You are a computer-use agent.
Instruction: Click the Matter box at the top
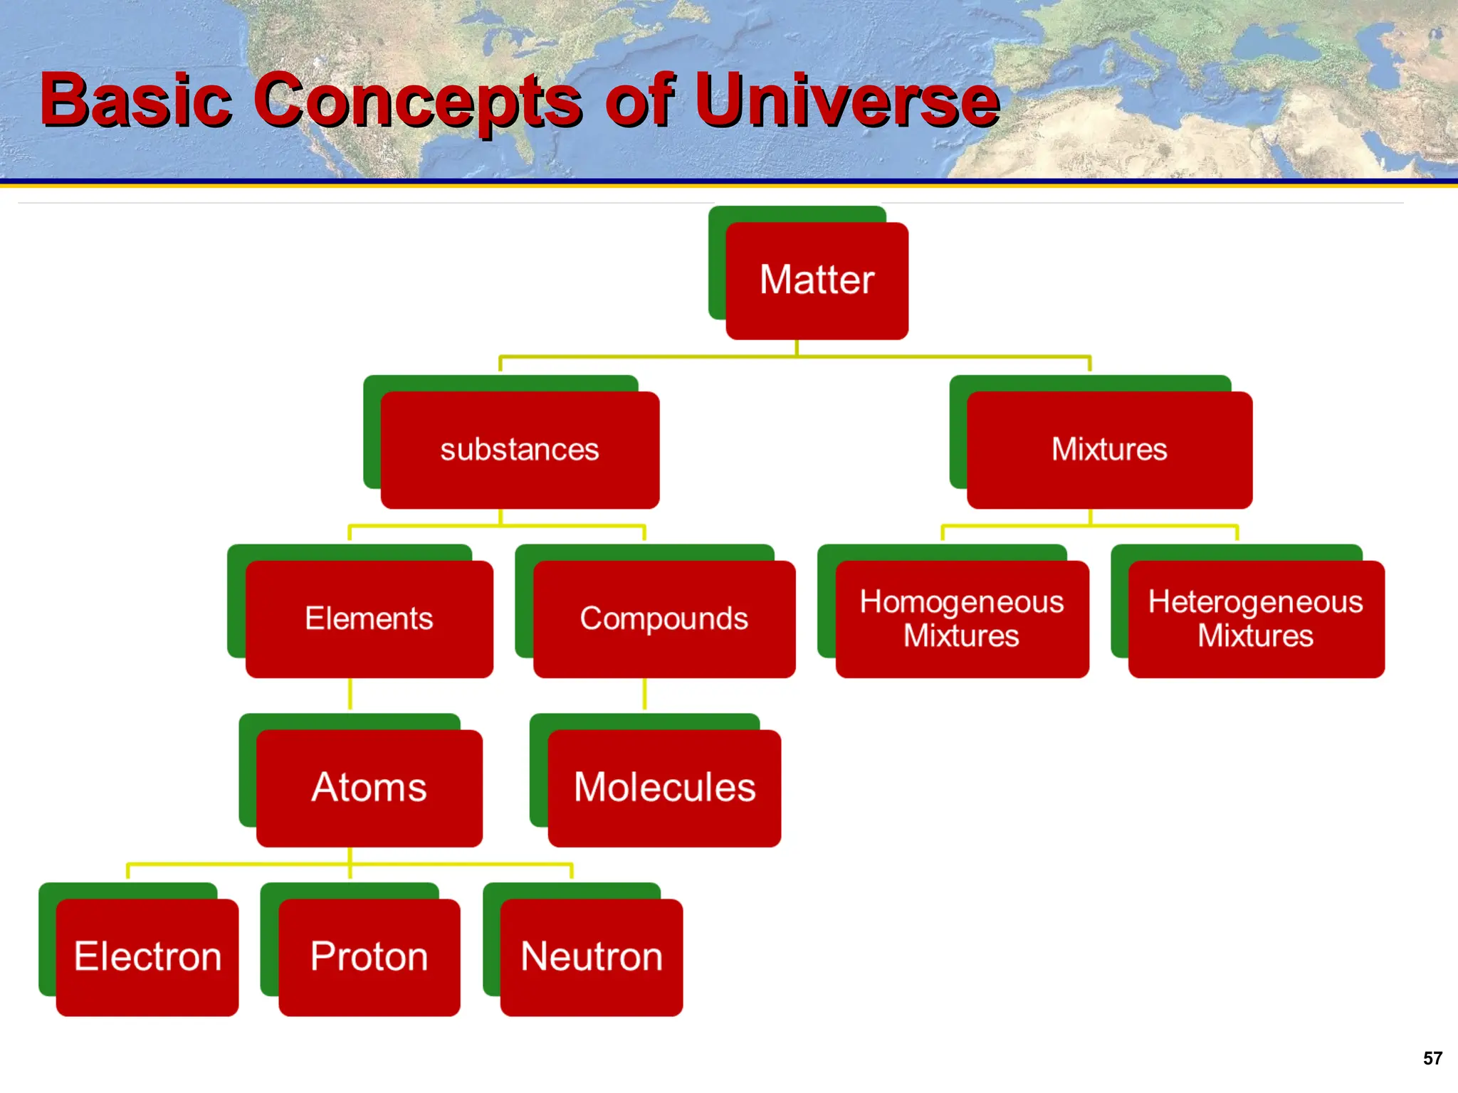pos(817,280)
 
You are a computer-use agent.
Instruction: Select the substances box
pos(520,450)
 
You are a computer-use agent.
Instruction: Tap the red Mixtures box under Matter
pos(1109,450)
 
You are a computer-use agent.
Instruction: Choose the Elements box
pos(369,618)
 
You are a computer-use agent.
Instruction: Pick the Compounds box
pos(664,618)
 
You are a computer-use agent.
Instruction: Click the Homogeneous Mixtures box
pos(962,618)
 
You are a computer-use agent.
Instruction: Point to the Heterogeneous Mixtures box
pos(1256,618)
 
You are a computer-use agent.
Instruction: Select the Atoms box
pos(369,788)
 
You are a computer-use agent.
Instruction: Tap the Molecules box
pos(664,788)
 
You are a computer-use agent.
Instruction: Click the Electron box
pos(147,956)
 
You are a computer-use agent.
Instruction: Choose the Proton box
pos(369,956)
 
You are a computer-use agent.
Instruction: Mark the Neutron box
pos(591,956)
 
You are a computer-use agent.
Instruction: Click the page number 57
pos(1432,1058)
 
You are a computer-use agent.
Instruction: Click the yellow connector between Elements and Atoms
pos(350,694)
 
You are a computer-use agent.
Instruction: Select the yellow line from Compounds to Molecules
pos(645,694)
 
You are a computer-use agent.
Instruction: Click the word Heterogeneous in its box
pos(1256,602)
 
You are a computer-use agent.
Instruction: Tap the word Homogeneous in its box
pos(962,602)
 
